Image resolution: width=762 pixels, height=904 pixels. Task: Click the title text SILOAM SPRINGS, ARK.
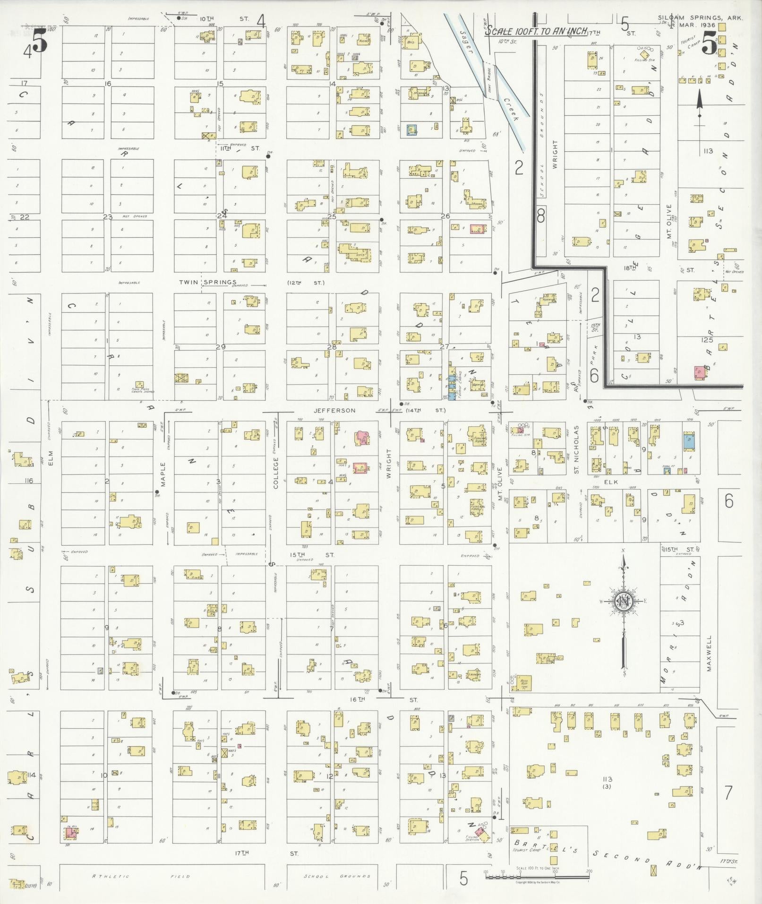pyautogui.click(x=700, y=18)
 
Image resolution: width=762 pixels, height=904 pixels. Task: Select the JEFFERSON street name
pyautogui.click(x=334, y=411)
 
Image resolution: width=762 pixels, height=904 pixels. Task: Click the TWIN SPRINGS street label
pyautogui.click(x=207, y=283)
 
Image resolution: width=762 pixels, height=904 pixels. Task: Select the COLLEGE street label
pyautogui.click(x=276, y=473)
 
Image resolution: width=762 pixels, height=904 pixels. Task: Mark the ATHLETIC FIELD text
pyautogui.click(x=142, y=876)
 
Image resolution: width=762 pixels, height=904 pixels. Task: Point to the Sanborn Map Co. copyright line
pyautogui.click(x=537, y=882)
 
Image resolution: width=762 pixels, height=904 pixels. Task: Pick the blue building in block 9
pyautogui.click(x=689, y=441)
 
